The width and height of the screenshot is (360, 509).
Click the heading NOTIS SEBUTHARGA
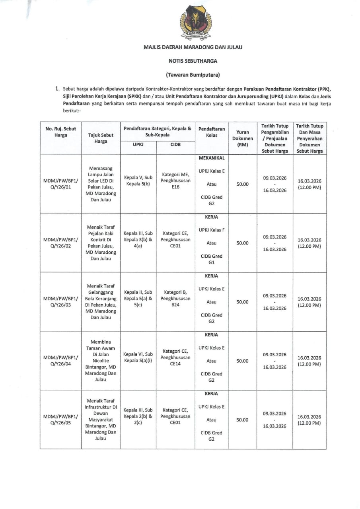pos(193,61)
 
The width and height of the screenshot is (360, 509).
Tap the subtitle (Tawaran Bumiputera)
pos(193,75)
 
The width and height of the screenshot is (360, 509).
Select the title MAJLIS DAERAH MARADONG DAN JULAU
pos(193,47)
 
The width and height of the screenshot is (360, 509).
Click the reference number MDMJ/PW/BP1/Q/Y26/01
pos(60,184)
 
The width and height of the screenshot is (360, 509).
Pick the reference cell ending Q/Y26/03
pos(60,302)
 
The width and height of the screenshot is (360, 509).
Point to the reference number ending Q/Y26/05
pos(60,420)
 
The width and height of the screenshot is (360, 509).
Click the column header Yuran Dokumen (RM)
pos(242,138)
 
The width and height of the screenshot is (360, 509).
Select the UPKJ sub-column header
pos(138,145)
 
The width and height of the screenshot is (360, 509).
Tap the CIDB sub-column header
pos(175,145)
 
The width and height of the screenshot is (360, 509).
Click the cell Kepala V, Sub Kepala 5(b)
pos(138,181)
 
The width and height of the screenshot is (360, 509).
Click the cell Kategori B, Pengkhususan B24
pos(175,299)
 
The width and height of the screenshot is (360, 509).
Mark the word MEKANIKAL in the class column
pos(212,158)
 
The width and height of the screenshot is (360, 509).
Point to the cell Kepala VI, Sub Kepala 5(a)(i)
pos(138,357)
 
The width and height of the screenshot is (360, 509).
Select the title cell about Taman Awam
pos(101,361)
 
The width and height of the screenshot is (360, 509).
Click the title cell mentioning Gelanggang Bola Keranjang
pos(101,302)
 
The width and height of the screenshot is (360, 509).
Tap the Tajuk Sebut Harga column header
pos(101,138)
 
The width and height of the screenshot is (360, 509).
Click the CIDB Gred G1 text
pos(212,259)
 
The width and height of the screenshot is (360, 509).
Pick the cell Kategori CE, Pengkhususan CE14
pos(175,357)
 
